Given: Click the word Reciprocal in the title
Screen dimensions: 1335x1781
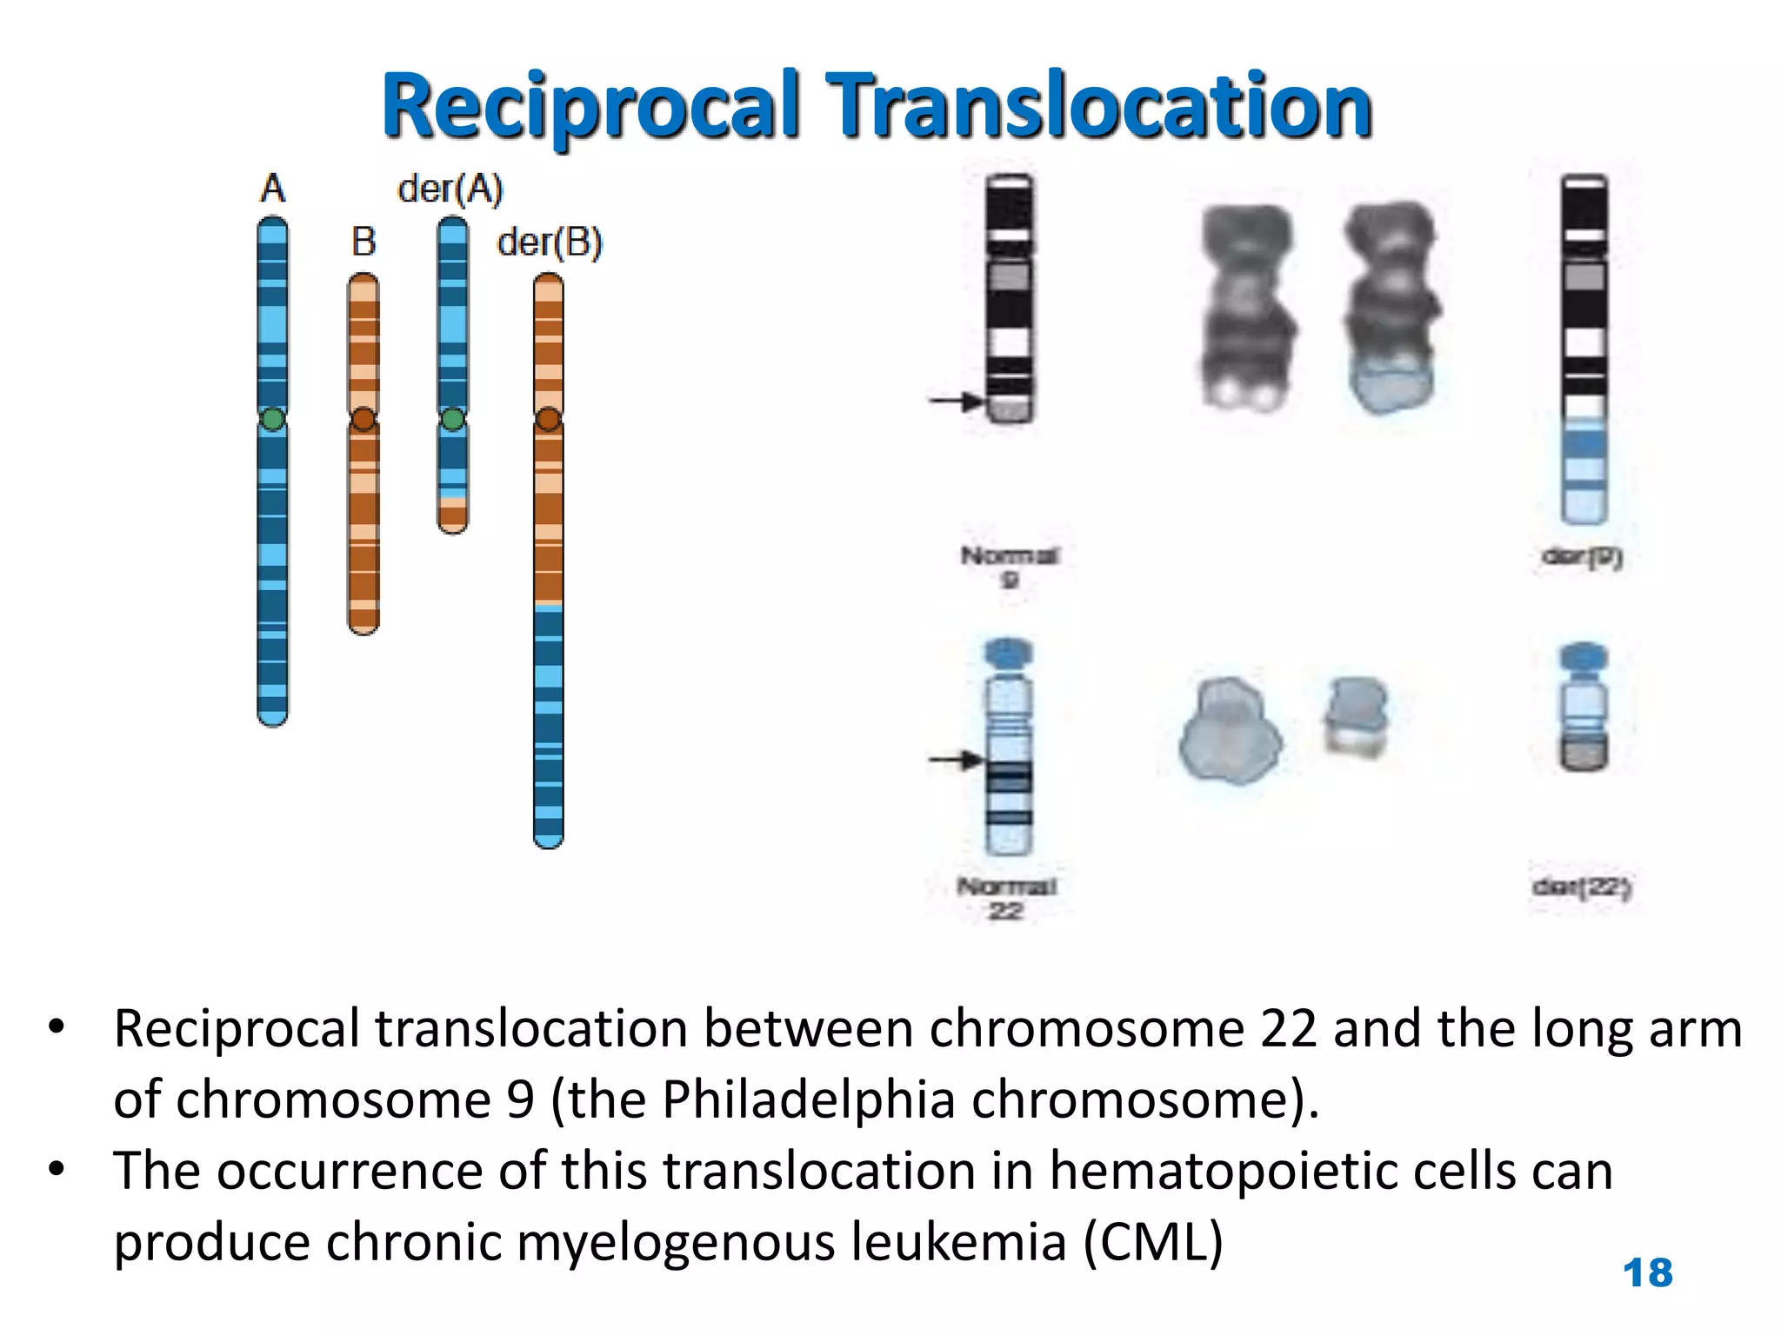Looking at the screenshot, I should [x=590, y=106].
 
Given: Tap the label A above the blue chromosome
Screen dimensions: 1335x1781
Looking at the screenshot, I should [x=272, y=189].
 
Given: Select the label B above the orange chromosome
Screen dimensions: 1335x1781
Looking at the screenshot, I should [x=364, y=242].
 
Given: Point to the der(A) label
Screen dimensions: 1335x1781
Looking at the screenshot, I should [x=450, y=189].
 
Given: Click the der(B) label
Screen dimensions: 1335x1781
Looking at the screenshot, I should [x=549, y=242].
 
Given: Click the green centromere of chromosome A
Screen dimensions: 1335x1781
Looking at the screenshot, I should [x=272, y=420].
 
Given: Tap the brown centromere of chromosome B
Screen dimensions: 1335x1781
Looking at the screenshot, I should [x=364, y=420].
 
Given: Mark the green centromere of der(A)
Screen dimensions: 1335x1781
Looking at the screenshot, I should [x=452, y=420].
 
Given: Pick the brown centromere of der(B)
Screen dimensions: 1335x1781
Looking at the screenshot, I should [x=548, y=420].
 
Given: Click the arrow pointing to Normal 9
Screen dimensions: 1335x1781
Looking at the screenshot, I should [x=956, y=401].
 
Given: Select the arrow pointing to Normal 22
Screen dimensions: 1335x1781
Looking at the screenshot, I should [x=956, y=760].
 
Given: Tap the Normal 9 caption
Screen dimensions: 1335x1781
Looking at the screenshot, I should [x=1009, y=566].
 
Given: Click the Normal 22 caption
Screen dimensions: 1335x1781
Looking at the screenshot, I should [x=1006, y=898].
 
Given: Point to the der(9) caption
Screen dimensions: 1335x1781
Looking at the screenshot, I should [x=1582, y=556].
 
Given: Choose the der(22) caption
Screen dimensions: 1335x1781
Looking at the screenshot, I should [x=1582, y=887].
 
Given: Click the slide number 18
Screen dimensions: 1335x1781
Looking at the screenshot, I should [x=1647, y=1273].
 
